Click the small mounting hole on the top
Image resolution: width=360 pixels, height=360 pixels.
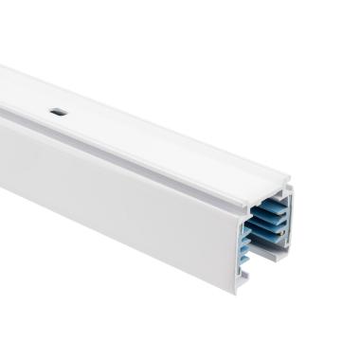[58, 112]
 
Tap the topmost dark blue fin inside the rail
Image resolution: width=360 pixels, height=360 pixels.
[268, 206]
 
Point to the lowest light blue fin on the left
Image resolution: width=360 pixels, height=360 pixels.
[244, 259]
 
